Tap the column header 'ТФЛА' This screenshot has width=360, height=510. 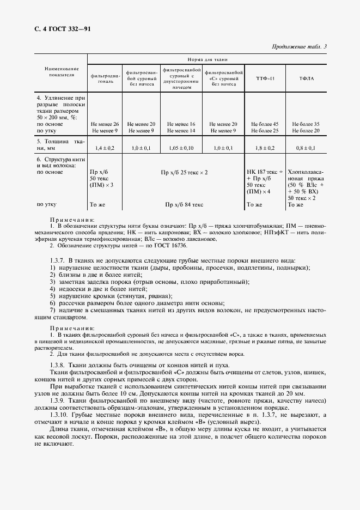tap(306, 79)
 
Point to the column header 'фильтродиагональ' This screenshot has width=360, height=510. tap(105, 78)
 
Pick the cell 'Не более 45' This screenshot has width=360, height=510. tap(265, 124)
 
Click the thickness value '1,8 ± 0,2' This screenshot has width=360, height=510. tap(265, 148)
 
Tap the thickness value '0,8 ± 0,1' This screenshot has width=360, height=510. tap(306, 148)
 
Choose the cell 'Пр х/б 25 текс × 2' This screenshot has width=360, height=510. tap(185, 172)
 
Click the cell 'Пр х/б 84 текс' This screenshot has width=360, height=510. tap(185, 205)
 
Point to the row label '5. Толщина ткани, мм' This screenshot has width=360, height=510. tap(60, 144)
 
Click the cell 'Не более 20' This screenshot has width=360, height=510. tap(306, 130)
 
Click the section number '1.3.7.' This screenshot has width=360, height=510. tap(58, 260)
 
